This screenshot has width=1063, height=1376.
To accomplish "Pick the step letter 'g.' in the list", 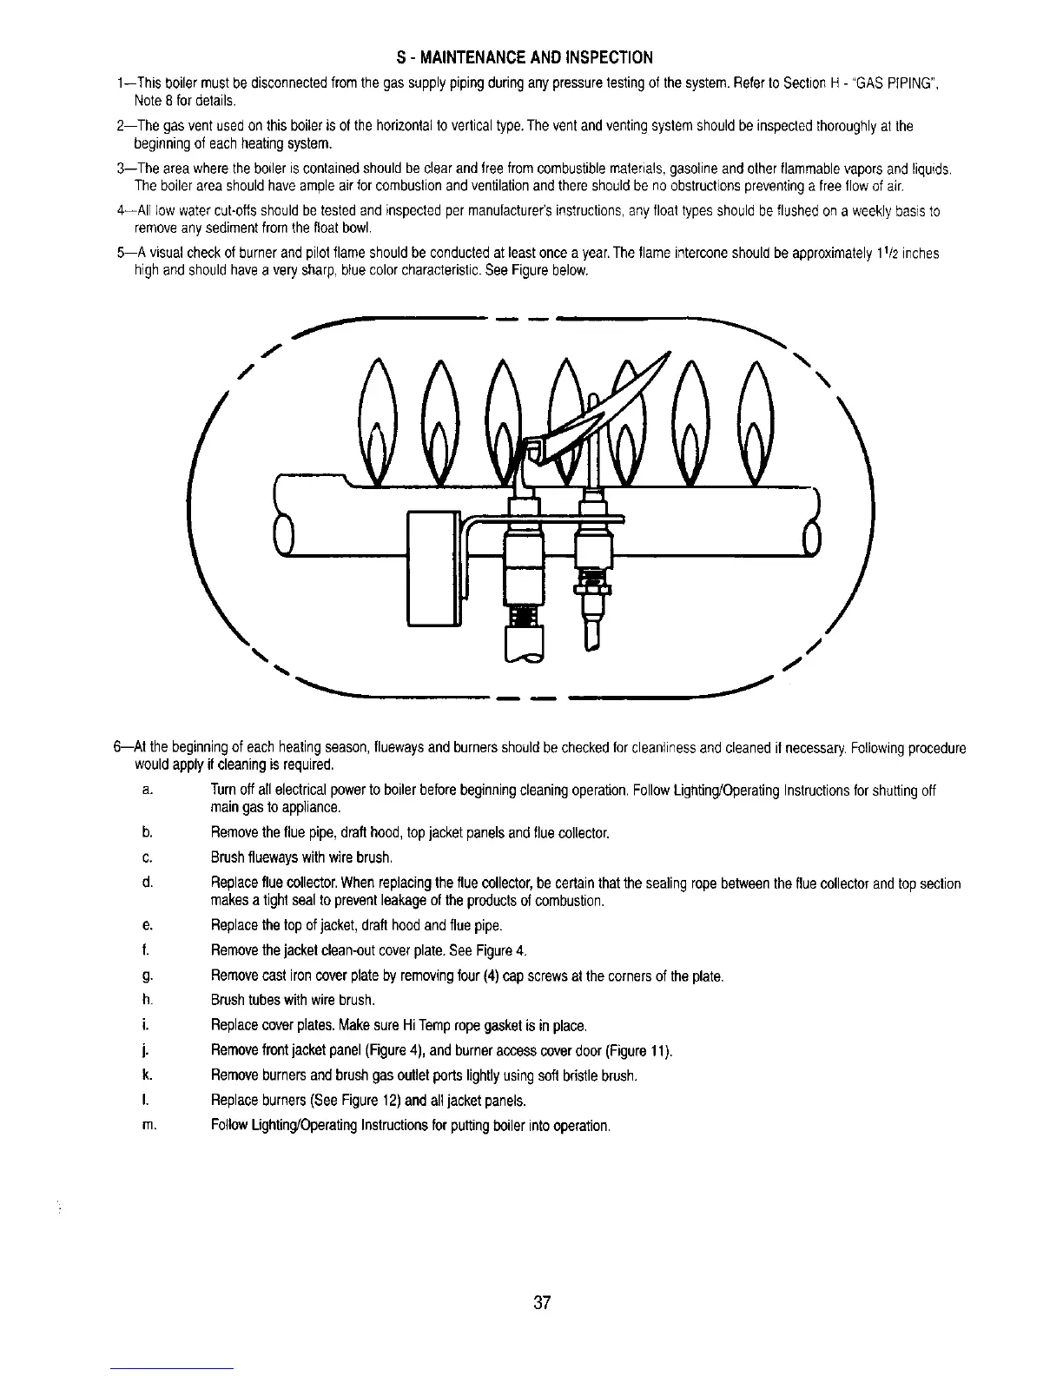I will click(x=148, y=976).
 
